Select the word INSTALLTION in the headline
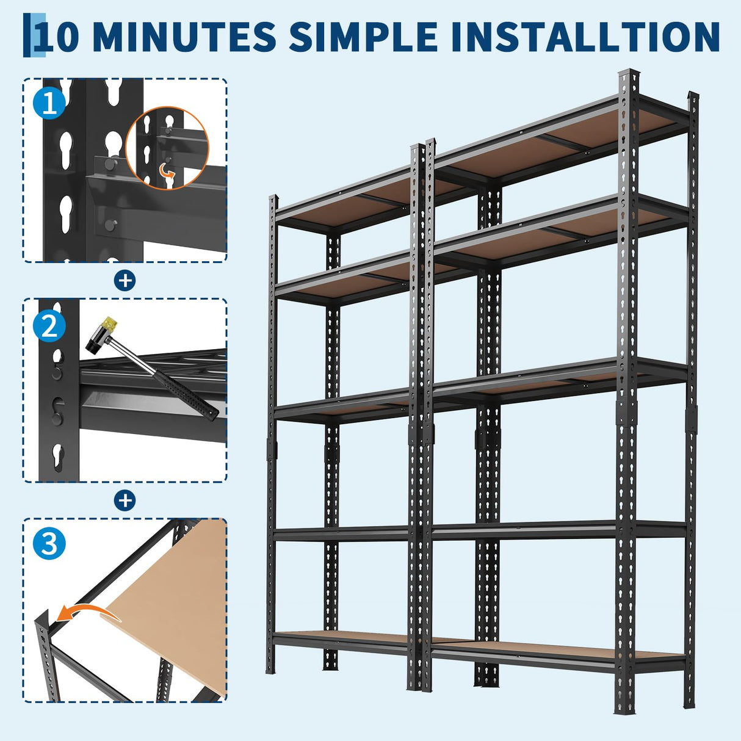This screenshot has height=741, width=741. coord(585,37)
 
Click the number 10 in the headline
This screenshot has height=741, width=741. coord(57,37)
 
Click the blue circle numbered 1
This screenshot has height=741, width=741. coord(49,103)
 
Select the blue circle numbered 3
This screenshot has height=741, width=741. coord(49,543)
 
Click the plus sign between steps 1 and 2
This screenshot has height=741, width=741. coord(125,281)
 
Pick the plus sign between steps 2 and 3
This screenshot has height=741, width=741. coord(125,501)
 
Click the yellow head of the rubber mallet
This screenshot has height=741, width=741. coord(109,324)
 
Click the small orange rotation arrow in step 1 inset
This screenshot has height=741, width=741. coord(166,173)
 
